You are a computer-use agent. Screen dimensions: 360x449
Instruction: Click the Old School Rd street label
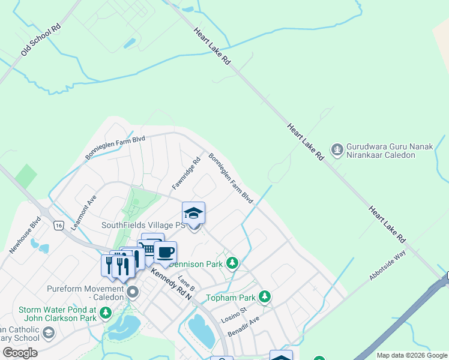pyautogui.click(x=40, y=41)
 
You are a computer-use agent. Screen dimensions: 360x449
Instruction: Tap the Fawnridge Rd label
pyautogui.click(x=186, y=174)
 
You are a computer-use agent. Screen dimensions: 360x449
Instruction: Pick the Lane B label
pyautogui.click(x=187, y=290)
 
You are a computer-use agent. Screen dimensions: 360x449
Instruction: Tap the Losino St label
pyautogui.click(x=234, y=314)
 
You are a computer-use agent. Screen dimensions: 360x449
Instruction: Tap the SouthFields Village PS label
pyautogui.click(x=143, y=225)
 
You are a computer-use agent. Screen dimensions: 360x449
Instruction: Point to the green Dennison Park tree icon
pyautogui.click(x=232, y=263)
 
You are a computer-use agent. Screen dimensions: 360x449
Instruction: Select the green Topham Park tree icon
pyautogui.click(x=264, y=296)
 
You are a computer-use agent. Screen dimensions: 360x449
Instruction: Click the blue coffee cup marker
pyautogui.click(x=165, y=252)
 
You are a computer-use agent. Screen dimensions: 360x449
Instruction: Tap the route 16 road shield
pyautogui.click(x=58, y=225)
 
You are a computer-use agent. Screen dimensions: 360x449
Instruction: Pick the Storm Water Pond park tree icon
pyautogui.click(x=106, y=313)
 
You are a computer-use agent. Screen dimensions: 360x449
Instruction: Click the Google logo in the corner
pyautogui.click(x=20, y=353)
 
